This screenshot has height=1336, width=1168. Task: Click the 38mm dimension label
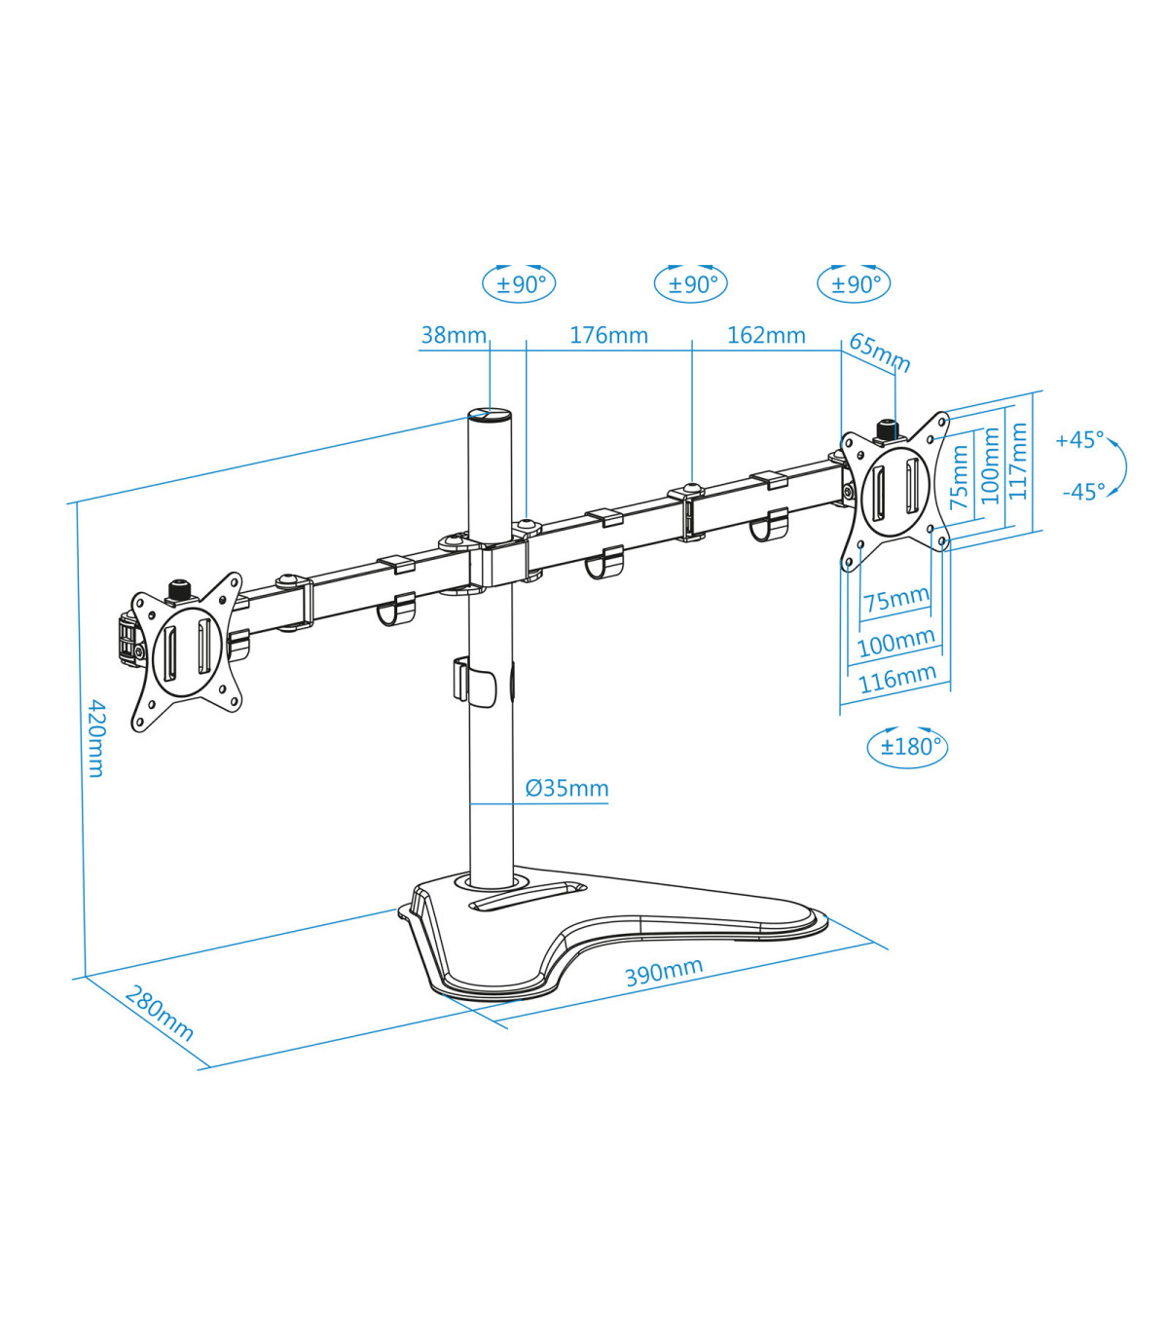(453, 335)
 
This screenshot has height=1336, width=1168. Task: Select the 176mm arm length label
(608, 335)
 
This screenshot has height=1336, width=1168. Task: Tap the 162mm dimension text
(766, 335)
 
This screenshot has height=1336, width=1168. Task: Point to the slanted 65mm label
(880, 353)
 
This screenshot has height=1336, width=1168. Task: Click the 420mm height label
(96, 737)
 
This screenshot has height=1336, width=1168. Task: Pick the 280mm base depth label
(160, 1014)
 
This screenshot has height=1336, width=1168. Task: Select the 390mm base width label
(664, 971)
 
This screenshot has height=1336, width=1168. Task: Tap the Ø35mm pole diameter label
(566, 788)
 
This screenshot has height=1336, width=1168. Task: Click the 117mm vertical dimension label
(1018, 462)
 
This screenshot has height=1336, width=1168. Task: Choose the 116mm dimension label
(896, 679)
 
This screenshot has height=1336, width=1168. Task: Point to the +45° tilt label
(1079, 440)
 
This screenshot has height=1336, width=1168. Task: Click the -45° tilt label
(1083, 492)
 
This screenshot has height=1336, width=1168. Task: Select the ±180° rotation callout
(907, 747)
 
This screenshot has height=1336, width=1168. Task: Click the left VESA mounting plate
(186, 650)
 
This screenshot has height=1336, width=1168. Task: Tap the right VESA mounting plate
(894, 489)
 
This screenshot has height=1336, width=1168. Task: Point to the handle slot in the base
(527, 895)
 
